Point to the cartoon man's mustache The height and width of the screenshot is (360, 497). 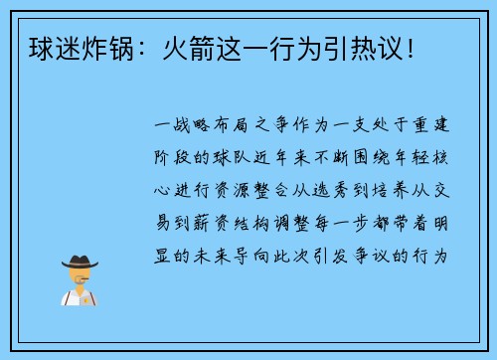(79, 281)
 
